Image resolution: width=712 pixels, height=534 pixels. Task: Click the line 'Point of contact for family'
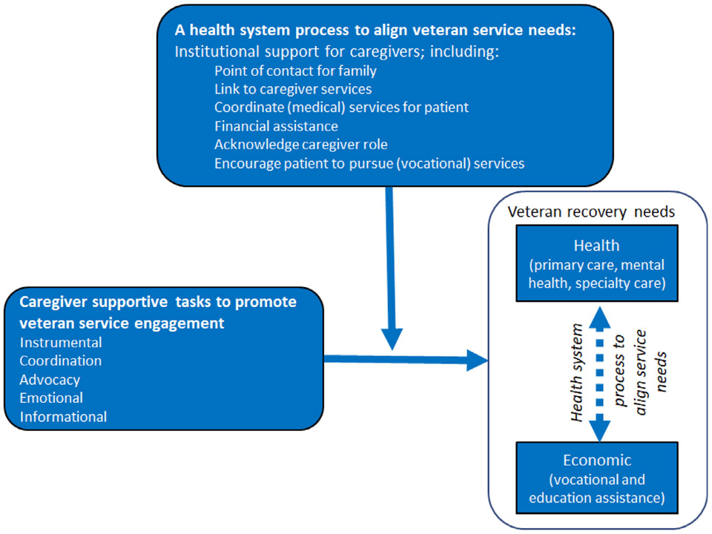point(295,71)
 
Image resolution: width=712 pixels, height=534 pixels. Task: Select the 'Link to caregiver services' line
point(293,89)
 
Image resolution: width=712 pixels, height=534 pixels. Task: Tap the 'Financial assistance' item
point(276,126)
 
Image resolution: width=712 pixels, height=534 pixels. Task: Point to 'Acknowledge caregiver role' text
point(301,145)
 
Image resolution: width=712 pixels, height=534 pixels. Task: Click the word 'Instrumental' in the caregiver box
point(61,343)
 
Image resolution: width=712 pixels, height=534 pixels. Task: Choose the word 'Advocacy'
point(50,380)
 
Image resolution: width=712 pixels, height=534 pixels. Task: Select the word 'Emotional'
point(51,398)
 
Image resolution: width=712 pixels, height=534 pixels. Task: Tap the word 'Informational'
point(63,416)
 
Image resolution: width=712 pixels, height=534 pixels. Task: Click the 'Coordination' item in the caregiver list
point(61,360)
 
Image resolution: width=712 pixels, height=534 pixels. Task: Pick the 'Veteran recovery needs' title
point(591,212)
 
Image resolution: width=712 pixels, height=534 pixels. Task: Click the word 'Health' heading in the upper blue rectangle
point(596,245)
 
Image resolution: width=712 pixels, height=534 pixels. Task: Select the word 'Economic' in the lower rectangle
point(597,461)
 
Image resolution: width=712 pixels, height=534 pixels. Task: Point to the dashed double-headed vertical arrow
point(599,374)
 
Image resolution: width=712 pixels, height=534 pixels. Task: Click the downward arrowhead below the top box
point(392,339)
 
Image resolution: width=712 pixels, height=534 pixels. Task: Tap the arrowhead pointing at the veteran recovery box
point(477,360)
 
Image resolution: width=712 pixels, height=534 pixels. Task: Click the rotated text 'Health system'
point(577,373)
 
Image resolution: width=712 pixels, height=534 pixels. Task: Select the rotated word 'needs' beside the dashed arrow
point(661,372)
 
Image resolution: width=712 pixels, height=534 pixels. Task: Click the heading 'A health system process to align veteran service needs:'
point(375,30)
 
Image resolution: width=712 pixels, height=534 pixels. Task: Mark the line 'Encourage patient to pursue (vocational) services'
point(369,163)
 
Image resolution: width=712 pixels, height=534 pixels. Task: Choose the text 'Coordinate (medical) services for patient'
point(341,108)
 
